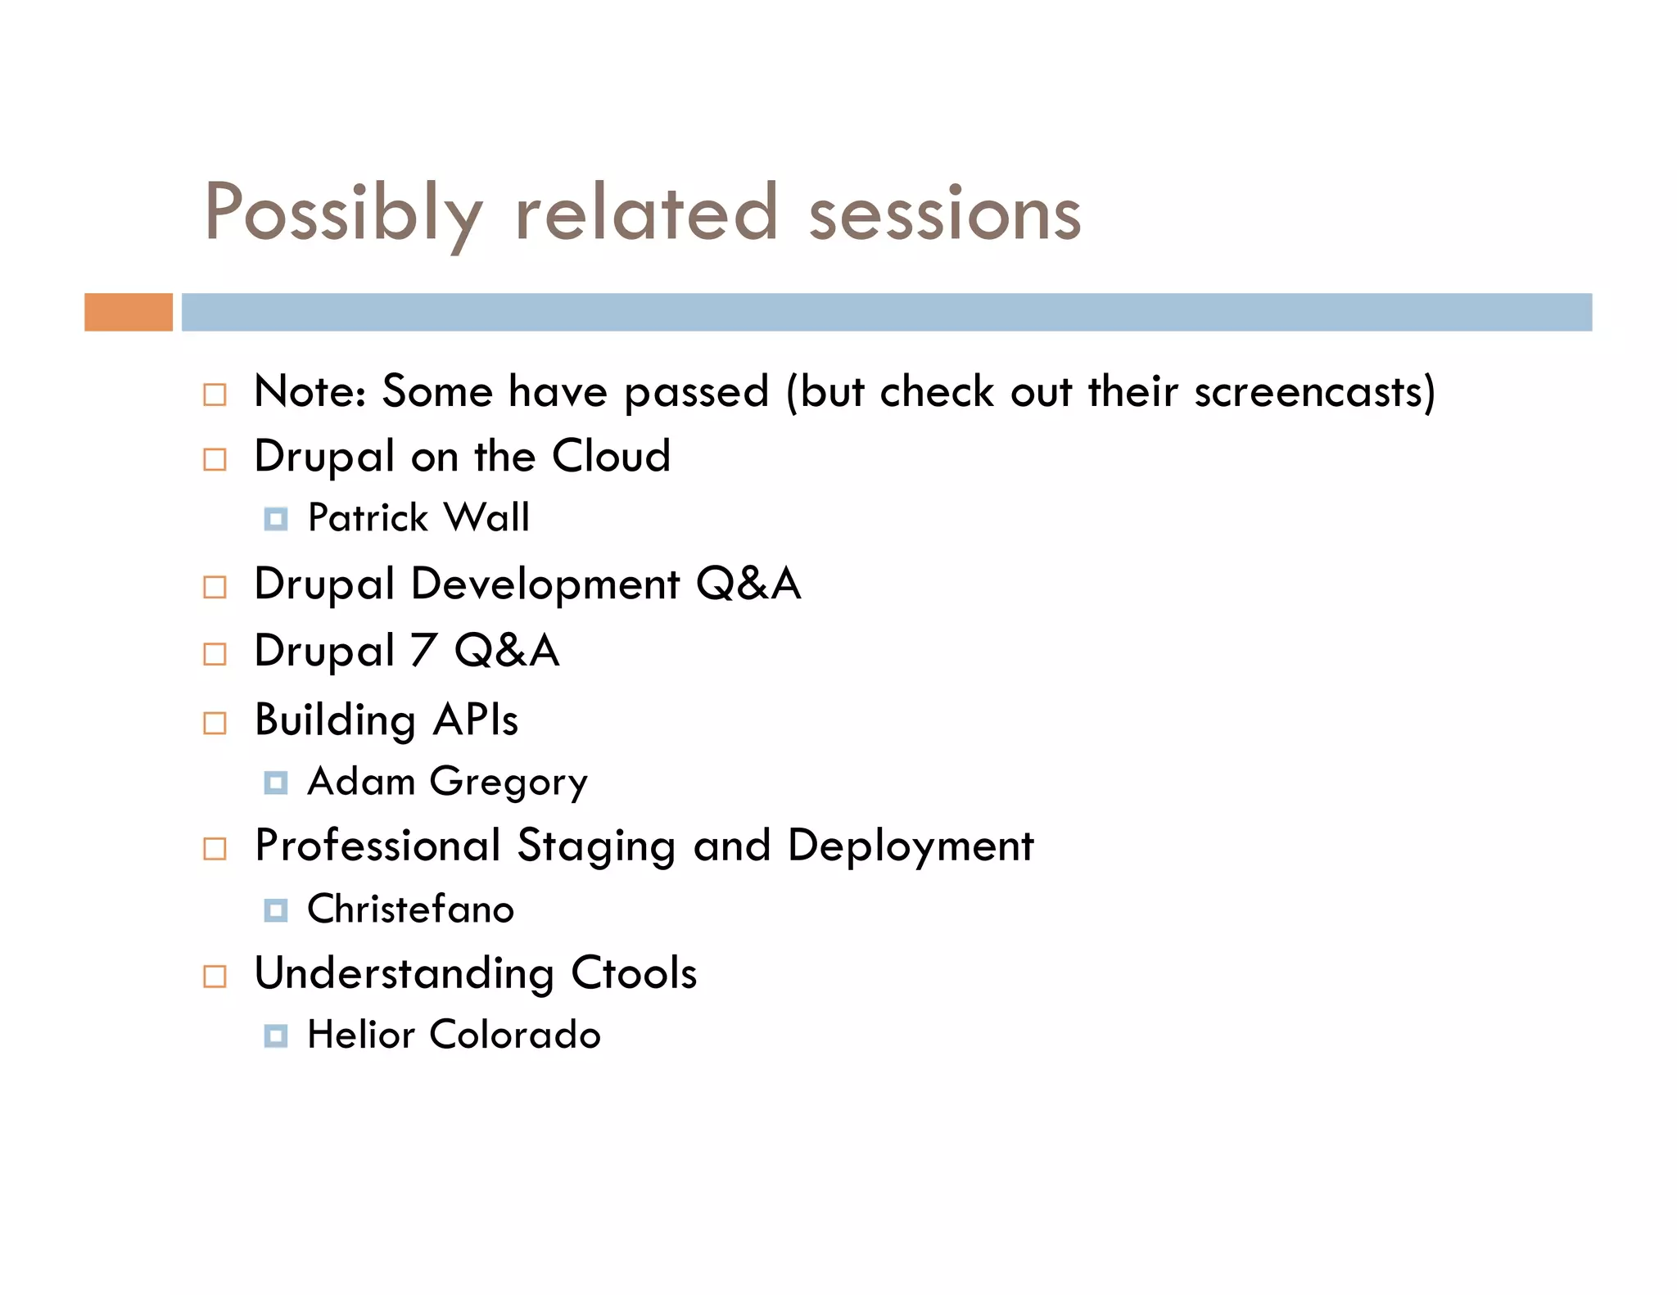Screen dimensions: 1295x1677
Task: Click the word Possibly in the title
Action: coord(343,214)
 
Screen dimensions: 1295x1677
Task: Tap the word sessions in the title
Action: coord(945,214)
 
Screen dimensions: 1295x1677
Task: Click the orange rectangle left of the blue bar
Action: coord(129,312)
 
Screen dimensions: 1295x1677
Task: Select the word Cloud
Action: coord(611,456)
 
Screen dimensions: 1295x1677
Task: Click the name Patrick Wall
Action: coord(418,518)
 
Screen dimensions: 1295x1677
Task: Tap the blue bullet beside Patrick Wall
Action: coord(276,519)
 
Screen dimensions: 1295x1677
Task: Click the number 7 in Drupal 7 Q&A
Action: coord(423,652)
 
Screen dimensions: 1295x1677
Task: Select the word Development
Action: coord(545,584)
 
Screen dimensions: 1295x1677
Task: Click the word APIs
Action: coord(476,720)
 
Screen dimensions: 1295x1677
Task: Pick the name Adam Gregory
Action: coord(447,782)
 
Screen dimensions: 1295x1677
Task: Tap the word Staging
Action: coord(596,846)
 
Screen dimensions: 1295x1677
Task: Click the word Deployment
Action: coord(911,846)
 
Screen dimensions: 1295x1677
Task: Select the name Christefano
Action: coord(411,909)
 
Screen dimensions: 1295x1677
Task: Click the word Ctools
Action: coord(634,973)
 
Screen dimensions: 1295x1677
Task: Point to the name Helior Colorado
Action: coord(454,1035)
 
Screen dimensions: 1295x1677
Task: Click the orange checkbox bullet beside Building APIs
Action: coord(215,723)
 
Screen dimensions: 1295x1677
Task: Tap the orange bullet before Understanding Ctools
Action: coord(215,976)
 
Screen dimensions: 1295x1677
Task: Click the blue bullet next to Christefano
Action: coord(276,910)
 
